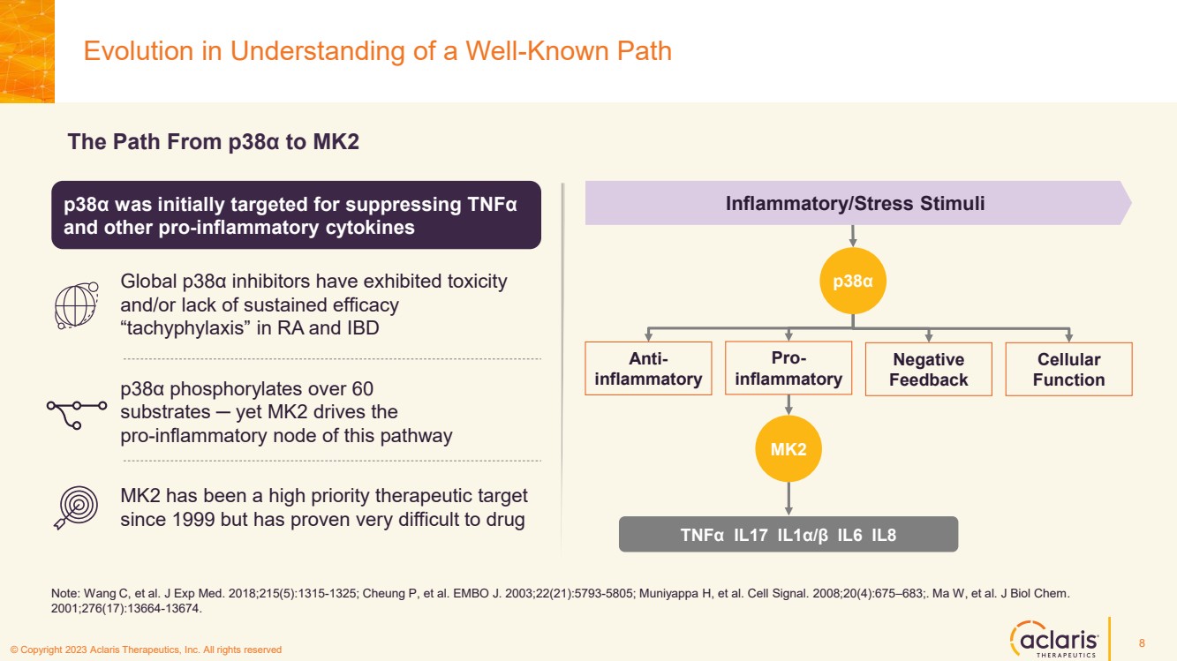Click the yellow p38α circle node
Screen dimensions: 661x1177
point(853,281)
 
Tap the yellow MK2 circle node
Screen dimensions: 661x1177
point(788,449)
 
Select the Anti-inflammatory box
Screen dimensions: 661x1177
point(648,369)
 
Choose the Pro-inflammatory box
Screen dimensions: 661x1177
point(788,368)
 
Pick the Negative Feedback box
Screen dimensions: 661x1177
point(928,369)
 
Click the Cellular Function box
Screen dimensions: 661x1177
point(1068,369)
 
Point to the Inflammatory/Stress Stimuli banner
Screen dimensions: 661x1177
point(855,204)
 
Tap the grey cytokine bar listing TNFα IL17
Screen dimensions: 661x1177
point(788,534)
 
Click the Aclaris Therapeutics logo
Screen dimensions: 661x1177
point(1053,638)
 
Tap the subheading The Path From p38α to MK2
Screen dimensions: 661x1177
point(213,142)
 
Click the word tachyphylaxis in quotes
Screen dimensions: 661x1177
point(188,327)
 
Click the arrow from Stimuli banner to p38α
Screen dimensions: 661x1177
point(853,236)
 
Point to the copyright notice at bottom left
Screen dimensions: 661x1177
point(146,650)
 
